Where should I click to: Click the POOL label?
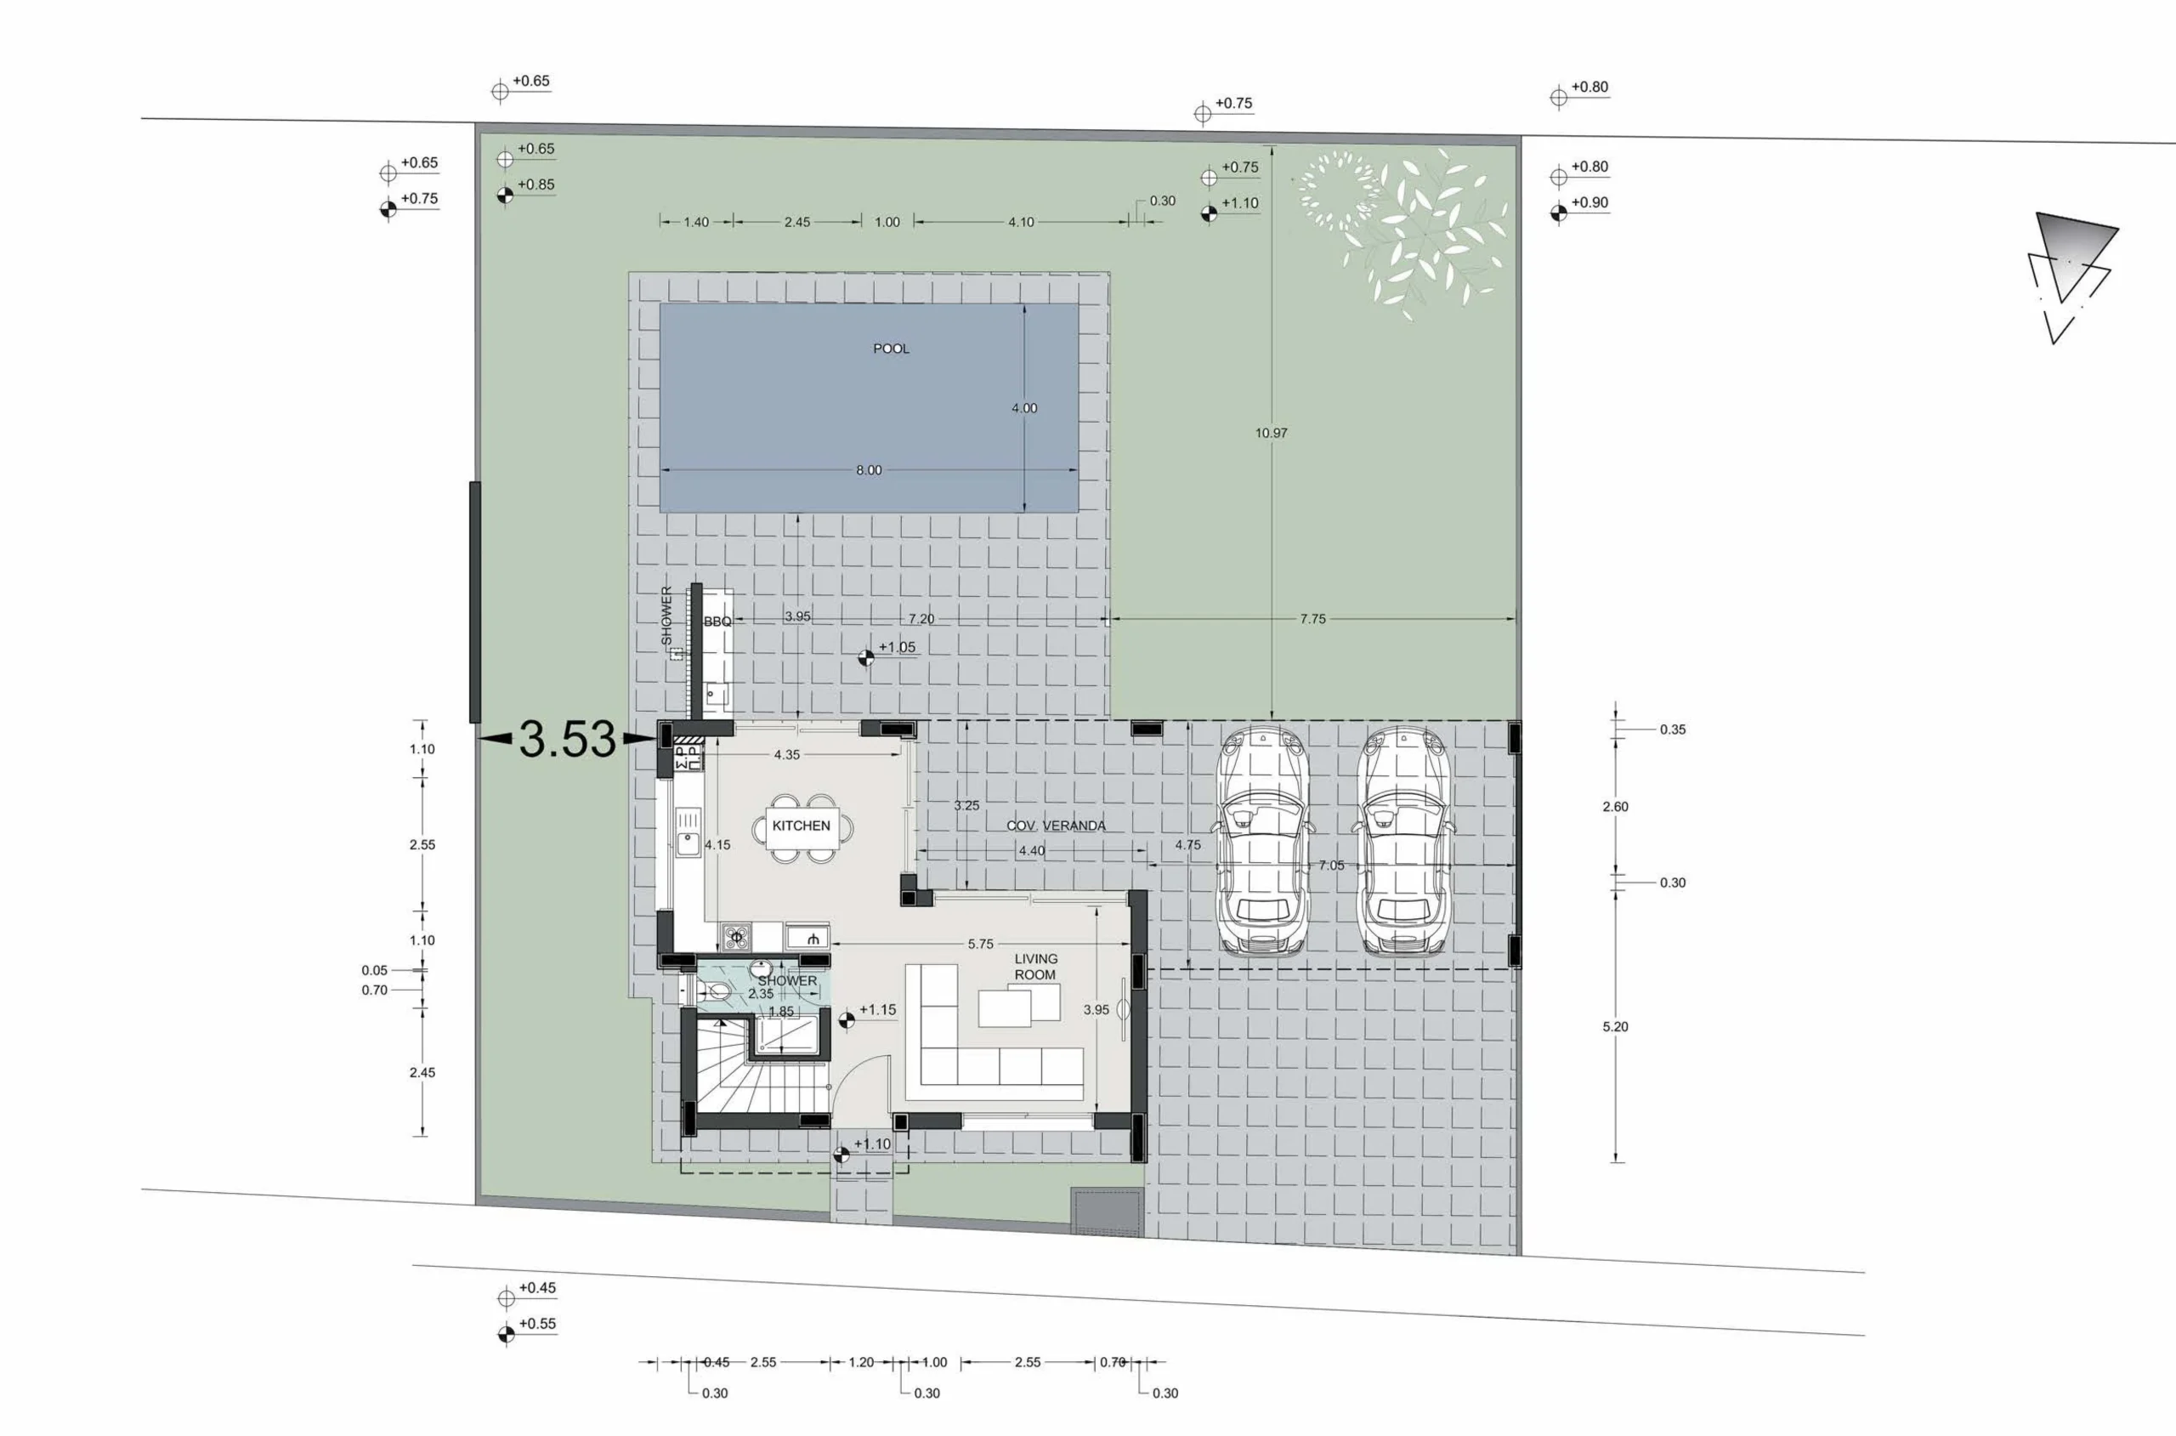(x=891, y=349)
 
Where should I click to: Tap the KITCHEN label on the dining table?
(x=801, y=826)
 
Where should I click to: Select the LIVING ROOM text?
(x=1035, y=967)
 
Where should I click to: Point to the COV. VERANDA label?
(x=1056, y=826)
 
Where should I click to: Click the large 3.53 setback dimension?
(x=568, y=739)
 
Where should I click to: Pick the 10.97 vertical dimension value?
(x=1271, y=434)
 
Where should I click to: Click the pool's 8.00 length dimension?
(x=869, y=471)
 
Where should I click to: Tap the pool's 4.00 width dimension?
(x=1024, y=408)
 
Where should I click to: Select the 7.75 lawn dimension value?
(x=1312, y=619)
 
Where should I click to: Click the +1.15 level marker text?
(x=877, y=1010)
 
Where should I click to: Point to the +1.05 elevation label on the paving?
(x=896, y=648)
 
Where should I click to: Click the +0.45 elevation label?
(x=536, y=1287)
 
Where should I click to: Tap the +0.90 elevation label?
(x=1589, y=203)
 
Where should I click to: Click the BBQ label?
(x=717, y=622)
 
